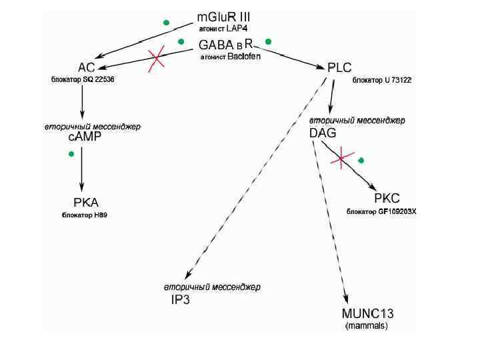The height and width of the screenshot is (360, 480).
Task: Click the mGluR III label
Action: pyautogui.click(x=224, y=17)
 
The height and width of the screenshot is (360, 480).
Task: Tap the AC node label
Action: pyautogui.click(x=86, y=67)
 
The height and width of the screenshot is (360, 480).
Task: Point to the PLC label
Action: pyautogui.click(x=339, y=67)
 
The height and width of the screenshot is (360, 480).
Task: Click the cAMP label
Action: pyautogui.click(x=85, y=137)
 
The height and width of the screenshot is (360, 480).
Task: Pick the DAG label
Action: pyautogui.click(x=322, y=133)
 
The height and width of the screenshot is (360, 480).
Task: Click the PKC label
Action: pyautogui.click(x=387, y=199)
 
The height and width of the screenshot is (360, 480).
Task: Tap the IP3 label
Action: pyautogui.click(x=181, y=300)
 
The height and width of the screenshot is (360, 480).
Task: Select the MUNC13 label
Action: pyautogui.click(x=367, y=314)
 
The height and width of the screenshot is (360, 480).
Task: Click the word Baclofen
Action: pyautogui.click(x=243, y=57)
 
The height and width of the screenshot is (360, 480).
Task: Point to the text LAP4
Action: pyautogui.click(x=237, y=29)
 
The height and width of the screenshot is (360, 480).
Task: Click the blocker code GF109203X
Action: pyautogui.click(x=397, y=211)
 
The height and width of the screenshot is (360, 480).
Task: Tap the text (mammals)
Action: pyautogui.click(x=366, y=327)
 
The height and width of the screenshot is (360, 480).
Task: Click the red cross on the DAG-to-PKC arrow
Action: pyautogui.click(x=342, y=158)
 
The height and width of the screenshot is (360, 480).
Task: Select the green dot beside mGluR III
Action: pyautogui.click(x=166, y=23)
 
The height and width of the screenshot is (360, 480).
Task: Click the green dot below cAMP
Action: pyautogui.click(x=71, y=155)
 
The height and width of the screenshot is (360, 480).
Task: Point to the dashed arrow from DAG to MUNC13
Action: pyautogui.click(x=329, y=220)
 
